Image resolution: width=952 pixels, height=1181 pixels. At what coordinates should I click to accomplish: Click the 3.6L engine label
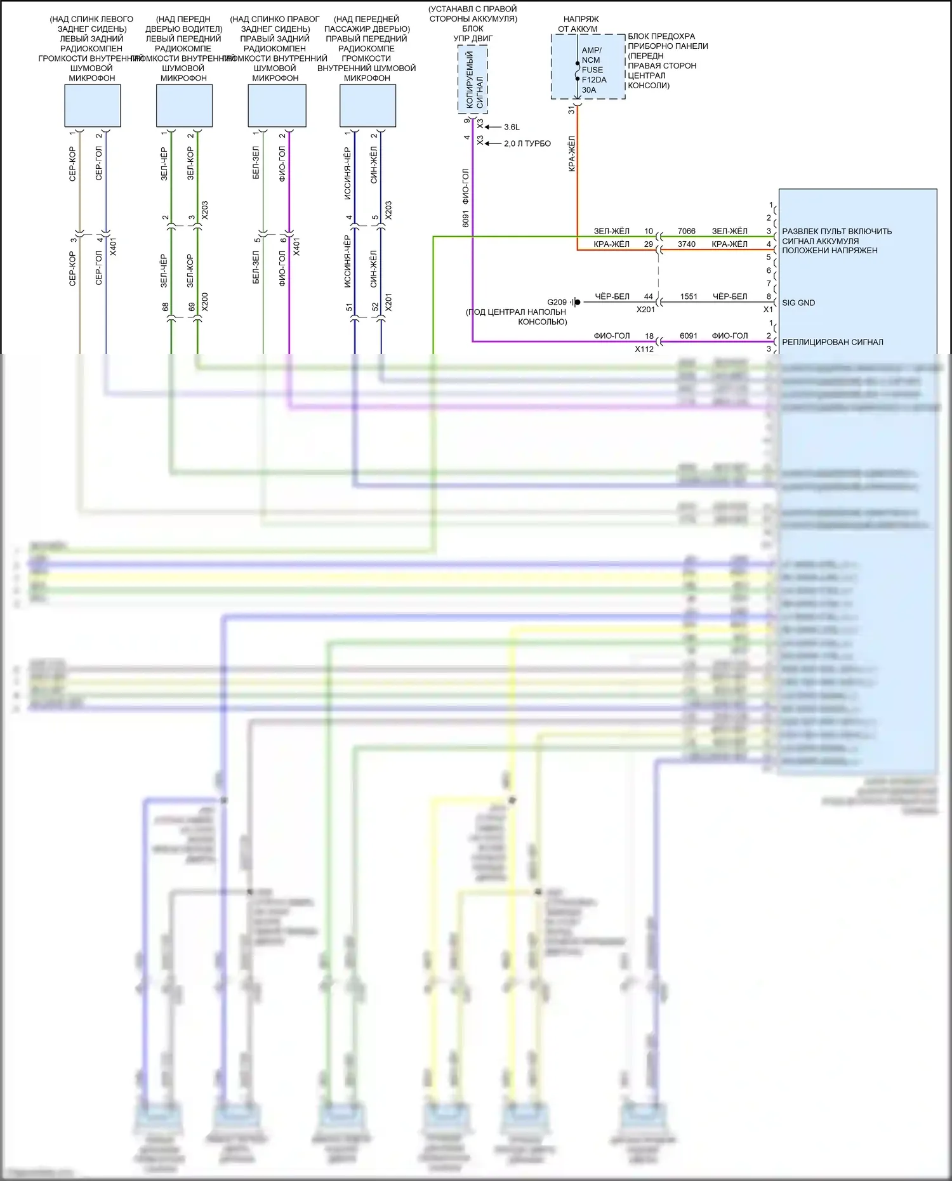coord(512,127)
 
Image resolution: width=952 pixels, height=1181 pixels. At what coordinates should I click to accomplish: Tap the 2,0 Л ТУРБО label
coord(527,143)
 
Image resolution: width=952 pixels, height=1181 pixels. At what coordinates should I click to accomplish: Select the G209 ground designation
coord(557,302)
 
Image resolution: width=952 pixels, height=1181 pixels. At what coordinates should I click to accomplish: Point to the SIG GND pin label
coord(798,303)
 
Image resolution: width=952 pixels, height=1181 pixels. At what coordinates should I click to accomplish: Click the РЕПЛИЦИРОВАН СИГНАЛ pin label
coord(832,342)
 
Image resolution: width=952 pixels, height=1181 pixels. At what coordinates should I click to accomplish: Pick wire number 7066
coord(686,231)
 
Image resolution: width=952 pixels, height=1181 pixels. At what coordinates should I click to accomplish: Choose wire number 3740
coord(686,244)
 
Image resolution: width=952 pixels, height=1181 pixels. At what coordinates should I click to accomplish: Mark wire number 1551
coord(689,296)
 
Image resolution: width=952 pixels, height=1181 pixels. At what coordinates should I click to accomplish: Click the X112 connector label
coord(644,349)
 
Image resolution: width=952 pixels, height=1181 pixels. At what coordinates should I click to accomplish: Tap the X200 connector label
coord(204,302)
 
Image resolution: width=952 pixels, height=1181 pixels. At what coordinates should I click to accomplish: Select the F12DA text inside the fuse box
coord(594,80)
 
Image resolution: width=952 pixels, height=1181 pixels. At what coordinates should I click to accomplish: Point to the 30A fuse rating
coord(589,90)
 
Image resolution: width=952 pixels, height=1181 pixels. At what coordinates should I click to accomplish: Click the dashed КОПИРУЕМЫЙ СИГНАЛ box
coord(473,80)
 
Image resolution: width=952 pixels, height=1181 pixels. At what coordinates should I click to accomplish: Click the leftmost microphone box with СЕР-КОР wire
coord(93,106)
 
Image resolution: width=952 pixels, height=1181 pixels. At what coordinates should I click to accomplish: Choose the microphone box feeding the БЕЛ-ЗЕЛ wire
coord(277,106)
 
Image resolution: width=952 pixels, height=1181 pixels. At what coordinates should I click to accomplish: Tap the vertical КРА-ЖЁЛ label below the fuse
coord(572,154)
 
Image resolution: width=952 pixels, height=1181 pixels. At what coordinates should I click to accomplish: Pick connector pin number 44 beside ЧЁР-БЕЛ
coord(648,296)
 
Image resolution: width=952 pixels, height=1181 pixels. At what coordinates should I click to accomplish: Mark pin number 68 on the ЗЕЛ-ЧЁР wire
coord(166,307)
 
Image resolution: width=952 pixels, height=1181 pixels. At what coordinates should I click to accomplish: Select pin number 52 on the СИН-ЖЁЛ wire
coord(375,307)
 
